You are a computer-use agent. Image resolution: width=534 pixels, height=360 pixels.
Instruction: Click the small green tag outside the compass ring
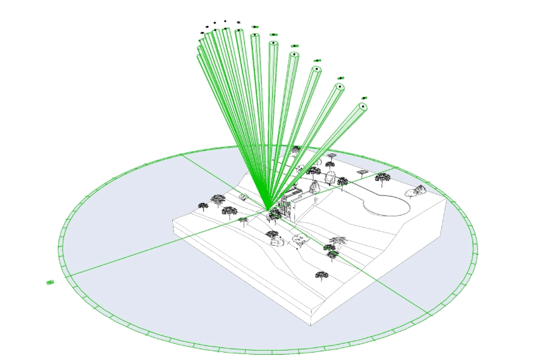tap(50, 283)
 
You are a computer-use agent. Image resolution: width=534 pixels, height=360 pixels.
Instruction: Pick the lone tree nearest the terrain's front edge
tap(322, 275)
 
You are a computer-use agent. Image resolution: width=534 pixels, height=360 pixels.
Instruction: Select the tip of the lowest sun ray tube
tap(364, 106)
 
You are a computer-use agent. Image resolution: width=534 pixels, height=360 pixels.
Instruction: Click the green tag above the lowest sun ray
tap(364, 98)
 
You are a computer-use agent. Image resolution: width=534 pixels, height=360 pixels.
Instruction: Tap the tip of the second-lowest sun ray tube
tap(340, 87)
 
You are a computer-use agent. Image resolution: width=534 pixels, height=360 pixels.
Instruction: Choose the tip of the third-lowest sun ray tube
tap(316, 68)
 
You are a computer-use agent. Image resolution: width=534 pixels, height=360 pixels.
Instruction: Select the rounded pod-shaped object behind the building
tap(330, 178)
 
